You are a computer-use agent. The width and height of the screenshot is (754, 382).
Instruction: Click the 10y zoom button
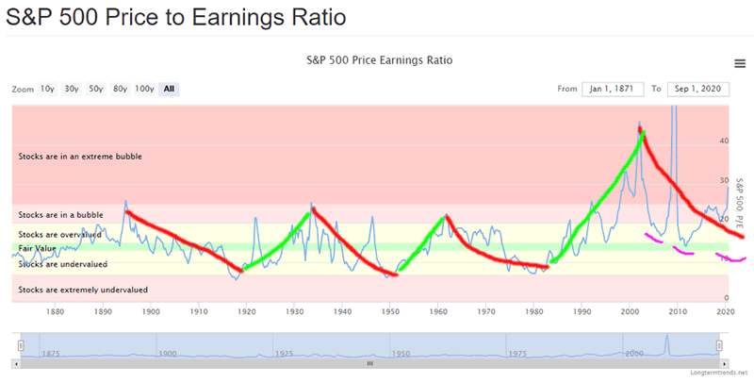47,89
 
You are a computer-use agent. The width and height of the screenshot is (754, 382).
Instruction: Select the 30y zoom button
72,89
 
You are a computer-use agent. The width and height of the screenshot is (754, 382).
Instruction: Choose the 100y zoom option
144,89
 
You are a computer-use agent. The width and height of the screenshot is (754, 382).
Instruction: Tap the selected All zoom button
169,89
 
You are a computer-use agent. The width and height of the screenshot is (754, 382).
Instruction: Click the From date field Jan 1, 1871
610,89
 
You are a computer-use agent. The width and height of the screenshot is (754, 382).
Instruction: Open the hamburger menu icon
740,63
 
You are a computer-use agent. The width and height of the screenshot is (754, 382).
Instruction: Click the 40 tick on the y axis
724,141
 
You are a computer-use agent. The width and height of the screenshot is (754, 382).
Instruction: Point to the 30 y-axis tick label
724,180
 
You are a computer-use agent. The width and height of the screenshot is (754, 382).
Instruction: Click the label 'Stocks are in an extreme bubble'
80,156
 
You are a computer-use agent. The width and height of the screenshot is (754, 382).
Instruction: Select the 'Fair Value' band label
38,248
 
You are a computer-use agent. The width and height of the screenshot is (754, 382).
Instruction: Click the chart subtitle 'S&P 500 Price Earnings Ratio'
380,59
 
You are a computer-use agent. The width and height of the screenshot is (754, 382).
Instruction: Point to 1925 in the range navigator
285,353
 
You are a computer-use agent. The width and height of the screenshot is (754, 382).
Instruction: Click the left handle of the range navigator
20,345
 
